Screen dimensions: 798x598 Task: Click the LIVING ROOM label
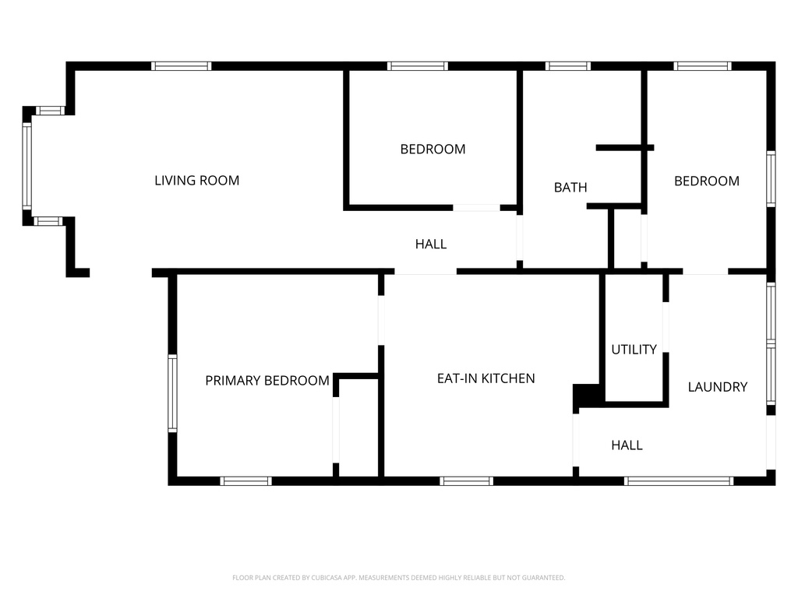[x=197, y=181]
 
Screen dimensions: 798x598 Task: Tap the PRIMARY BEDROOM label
[x=267, y=380]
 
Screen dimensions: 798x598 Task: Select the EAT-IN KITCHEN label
[x=486, y=378]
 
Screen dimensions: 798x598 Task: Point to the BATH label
[x=570, y=188]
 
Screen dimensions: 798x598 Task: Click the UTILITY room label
[x=634, y=350]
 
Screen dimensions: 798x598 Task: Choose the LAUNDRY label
[x=718, y=387]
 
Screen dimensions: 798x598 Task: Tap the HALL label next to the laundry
[x=627, y=445]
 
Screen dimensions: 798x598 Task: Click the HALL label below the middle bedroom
[x=431, y=244]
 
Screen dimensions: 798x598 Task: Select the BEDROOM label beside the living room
[x=433, y=149]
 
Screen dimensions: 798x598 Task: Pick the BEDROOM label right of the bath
[x=707, y=181]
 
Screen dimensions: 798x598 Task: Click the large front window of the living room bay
[x=27, y=166]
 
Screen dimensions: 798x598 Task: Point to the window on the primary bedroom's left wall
[x=172, y=393]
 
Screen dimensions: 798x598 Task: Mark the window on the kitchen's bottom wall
[x=467, y=481]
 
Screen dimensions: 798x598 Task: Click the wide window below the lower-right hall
[x=679, y=481]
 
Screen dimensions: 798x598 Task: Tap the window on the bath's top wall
[x=568, y=66]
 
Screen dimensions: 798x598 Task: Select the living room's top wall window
[x=181, y=66]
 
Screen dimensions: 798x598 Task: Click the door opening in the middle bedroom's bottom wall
[x=476, y=207]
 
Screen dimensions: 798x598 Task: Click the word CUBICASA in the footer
[x=327, y=578]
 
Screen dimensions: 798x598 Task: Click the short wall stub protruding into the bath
[x=625, y=148]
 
